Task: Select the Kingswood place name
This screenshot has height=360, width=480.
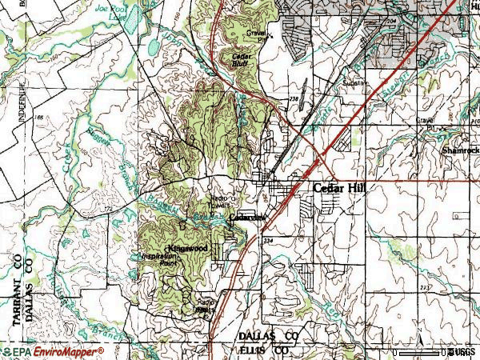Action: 188,248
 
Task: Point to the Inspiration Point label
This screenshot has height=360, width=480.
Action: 158,259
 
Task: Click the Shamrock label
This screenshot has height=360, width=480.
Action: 462,150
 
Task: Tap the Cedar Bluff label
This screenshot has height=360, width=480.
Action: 242,60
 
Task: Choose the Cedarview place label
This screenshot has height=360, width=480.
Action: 246,217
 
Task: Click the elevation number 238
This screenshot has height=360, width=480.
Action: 293,99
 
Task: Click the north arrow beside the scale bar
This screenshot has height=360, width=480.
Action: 443,352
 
